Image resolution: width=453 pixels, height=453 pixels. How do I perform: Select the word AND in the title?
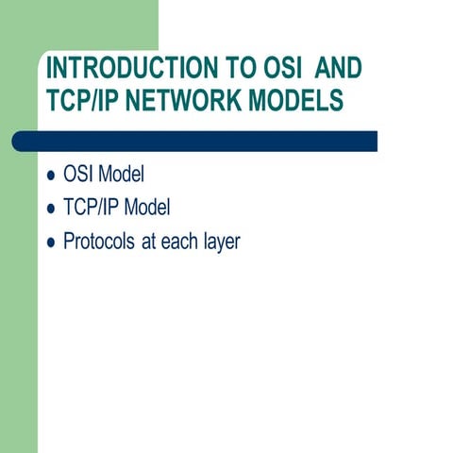[338, 69]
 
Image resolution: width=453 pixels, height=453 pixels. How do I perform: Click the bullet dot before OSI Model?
[51, 176]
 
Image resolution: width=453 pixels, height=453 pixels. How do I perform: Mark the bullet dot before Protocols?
[51, 243]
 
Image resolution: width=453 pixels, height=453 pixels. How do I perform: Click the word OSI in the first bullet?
[78, 176]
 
